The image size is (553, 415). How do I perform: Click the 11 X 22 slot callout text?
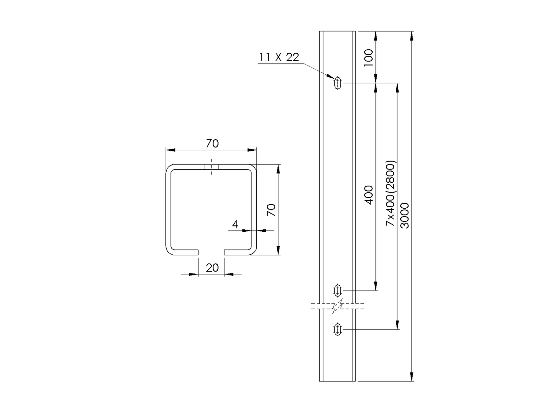tap(279, 58)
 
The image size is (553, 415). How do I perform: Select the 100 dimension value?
tap(369, 58)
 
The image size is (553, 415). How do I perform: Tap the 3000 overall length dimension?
tap(405, 216)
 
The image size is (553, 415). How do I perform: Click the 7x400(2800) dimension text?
tap(391, 193)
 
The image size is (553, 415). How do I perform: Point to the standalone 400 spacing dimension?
tap(369, 195)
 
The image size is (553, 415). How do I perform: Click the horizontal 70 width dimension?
tap(212, 144)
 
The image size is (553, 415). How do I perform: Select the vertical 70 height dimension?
tap(271, 210)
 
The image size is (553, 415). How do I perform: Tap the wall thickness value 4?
tap(235, 224)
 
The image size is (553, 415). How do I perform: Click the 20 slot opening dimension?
tap(212, 268)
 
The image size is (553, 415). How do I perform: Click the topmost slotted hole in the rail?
tap(337, 83)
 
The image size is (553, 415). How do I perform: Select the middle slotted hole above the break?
tap(337, 290)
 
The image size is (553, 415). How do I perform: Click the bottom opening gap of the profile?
tap(211, 252)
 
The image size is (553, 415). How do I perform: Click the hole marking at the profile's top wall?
tap(211, 167)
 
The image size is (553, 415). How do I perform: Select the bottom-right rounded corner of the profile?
tap(253, 252)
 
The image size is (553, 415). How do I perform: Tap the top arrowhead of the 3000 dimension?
tap(412, 36)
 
